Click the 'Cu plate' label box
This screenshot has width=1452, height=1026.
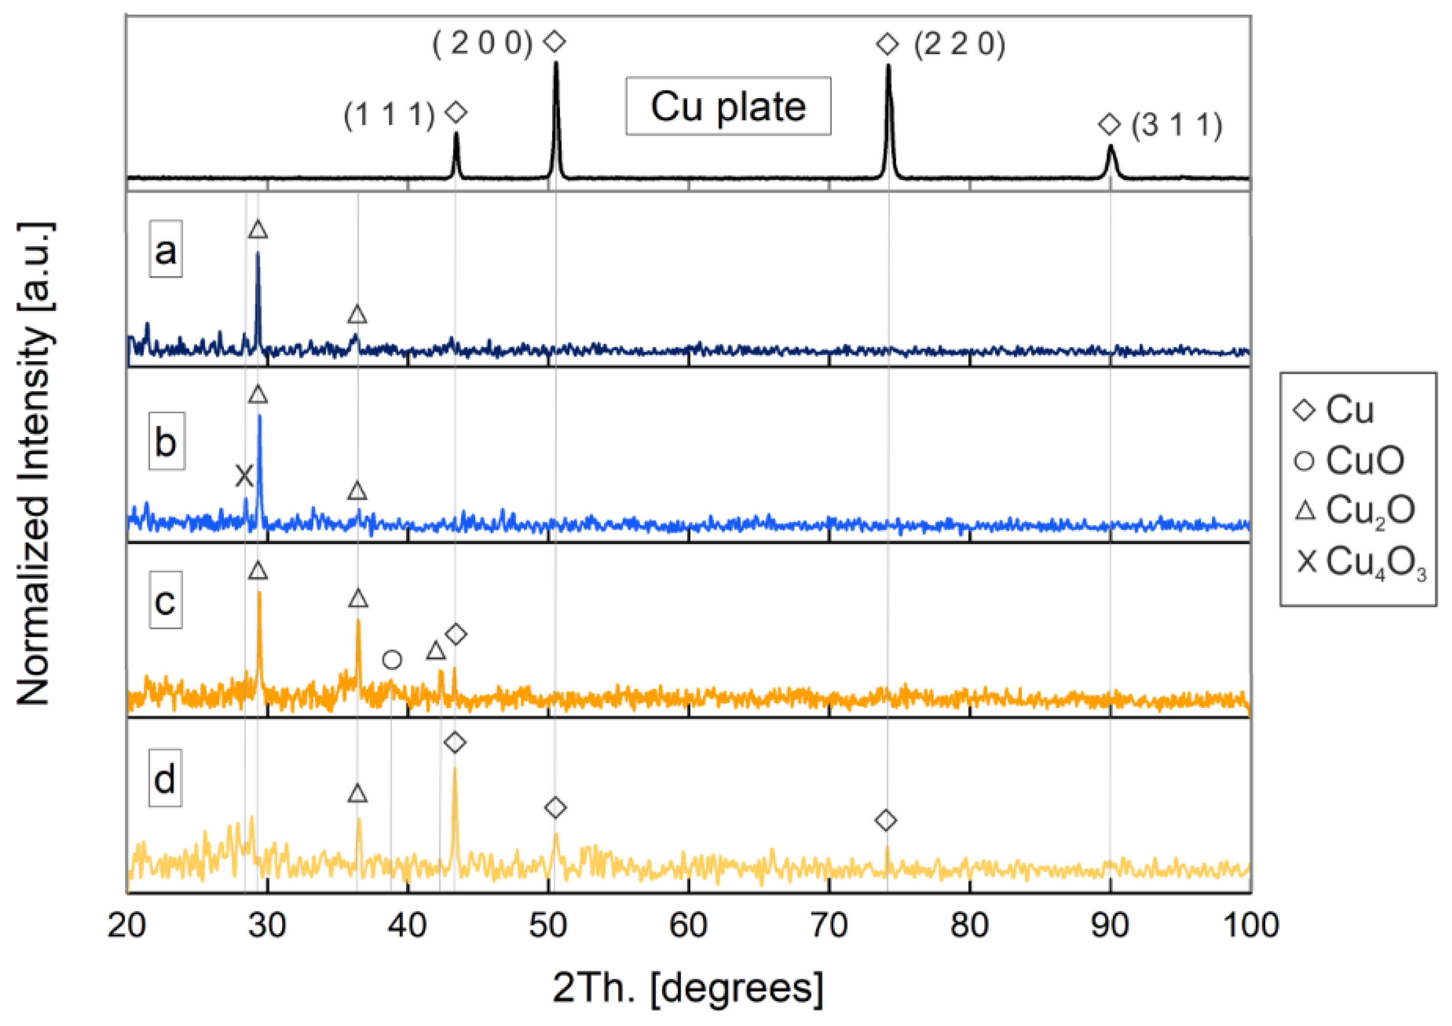[x=728, y=106]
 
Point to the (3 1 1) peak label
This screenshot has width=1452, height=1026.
[x=1177, y=125]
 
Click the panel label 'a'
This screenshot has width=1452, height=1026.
[x=166, y=249]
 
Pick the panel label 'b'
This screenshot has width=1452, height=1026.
[x=166, y=442]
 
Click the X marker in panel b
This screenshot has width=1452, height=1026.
[x=244, y=476]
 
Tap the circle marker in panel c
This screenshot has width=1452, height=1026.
[x=392, y=660]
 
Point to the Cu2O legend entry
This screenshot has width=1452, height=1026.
[x=1353, y=510]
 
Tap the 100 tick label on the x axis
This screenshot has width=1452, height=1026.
[x=1250, y=925]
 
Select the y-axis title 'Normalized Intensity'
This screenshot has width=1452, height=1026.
[x=35, y=465]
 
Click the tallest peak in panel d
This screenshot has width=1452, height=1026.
[x=455, y=768]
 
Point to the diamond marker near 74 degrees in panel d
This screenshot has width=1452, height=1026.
[x=886, y=821]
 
